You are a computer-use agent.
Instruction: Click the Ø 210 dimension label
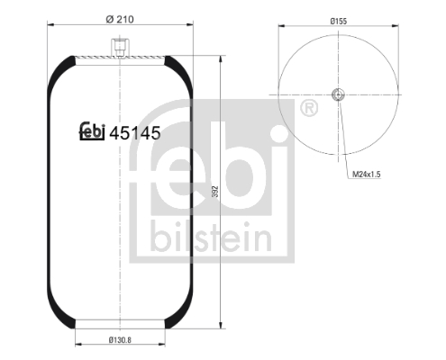pos(120,20)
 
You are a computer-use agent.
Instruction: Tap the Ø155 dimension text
pos(339,22)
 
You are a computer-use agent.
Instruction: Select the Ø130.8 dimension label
pos(120,340)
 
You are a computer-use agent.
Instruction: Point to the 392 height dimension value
pos(215,192)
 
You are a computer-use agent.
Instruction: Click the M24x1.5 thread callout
pos(366,174)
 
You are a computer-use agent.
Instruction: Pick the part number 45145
pos(135,133)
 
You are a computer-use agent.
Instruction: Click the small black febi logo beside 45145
pos(92,130)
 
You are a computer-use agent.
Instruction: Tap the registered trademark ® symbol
pos(309,108)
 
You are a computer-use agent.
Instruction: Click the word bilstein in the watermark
pos(212,237)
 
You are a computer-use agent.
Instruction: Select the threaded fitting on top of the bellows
pos(120,48)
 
